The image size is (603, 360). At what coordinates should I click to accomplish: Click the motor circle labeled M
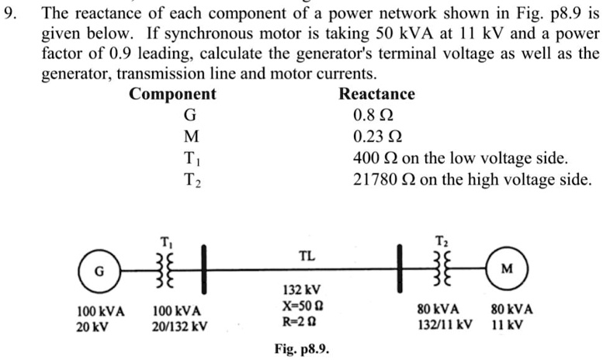click(x=507, y=271)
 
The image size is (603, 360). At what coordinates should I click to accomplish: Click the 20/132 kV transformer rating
click(x=179, y=326)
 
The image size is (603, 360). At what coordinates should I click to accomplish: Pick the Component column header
click(x=172, y=95)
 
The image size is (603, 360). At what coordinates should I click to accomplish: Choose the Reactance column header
click(x=377, y=95)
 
